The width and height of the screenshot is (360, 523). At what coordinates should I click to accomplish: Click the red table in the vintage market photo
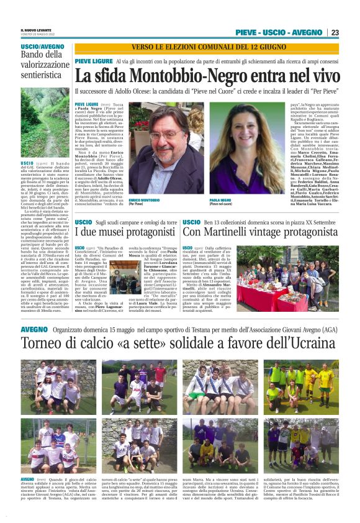click(x=297, y=298)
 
